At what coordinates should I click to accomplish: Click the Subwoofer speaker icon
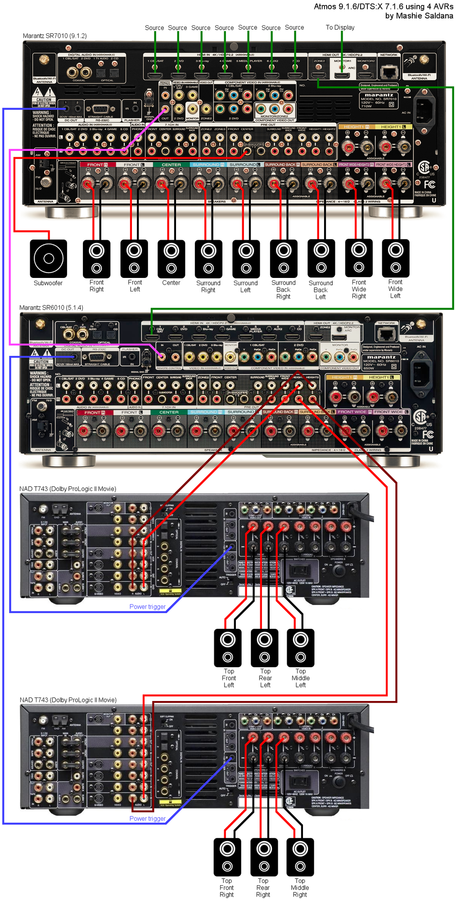[48, 259]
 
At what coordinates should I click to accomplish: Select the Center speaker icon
[171, 259]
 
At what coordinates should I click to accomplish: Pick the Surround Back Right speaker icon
[284, 259]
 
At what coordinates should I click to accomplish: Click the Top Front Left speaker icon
[228, 647]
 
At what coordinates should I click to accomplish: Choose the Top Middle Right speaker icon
[300, 856]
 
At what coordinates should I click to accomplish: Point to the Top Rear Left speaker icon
[264, 647]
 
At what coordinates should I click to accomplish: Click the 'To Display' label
[340, 27]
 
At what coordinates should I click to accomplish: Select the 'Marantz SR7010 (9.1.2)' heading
[55, 36]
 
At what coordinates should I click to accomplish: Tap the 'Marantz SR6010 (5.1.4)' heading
[51, 308]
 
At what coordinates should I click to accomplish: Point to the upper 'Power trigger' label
[147, 607]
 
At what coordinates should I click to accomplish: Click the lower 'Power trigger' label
[147, 819]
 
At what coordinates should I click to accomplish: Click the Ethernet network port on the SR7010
[388, 72]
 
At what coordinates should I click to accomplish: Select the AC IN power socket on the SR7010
[423, 108]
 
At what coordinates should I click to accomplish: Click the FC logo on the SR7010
[429, 184]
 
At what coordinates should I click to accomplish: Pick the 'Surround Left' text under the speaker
[245, 287]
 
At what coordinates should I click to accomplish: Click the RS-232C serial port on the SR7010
[100, 109]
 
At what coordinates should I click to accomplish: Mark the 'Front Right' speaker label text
[96, 286]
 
